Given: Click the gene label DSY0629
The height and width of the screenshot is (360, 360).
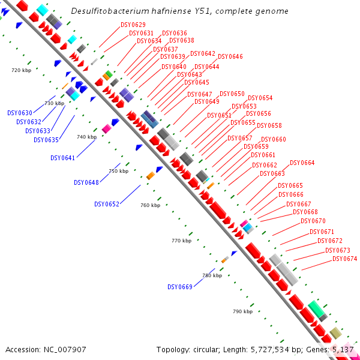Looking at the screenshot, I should (x=133, y=25).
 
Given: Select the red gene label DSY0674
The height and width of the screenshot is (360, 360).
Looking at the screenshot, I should (x=344, y=259).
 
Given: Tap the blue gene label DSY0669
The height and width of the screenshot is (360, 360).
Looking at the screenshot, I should (x=179, y=287).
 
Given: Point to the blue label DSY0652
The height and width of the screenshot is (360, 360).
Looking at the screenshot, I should (x=106, y=204).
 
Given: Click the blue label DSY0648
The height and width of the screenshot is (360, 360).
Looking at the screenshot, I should (x=86, y=182).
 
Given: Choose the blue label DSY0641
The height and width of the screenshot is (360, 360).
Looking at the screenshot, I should (x=62, y=158).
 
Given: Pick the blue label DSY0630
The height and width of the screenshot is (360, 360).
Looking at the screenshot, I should (x=20, y=113).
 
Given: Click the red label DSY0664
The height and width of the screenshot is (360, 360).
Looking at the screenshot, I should (x=302, y=163).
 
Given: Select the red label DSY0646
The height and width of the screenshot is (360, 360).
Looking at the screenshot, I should (x=230, y=56).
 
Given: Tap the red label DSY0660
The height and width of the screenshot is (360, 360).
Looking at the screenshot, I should (x=273, y=139).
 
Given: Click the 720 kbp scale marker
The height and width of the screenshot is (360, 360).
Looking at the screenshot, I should (x=21, y=70).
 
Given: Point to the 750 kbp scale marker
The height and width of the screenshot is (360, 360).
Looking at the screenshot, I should (x=118, y=171).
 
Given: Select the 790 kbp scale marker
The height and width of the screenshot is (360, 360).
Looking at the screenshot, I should (x=242, y=311).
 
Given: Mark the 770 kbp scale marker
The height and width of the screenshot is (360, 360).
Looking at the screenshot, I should (x=181, y=241).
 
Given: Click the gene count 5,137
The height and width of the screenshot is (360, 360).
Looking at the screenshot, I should (x=344, y=349).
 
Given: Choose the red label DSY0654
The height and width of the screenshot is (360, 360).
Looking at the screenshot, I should (x=260, y=98).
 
